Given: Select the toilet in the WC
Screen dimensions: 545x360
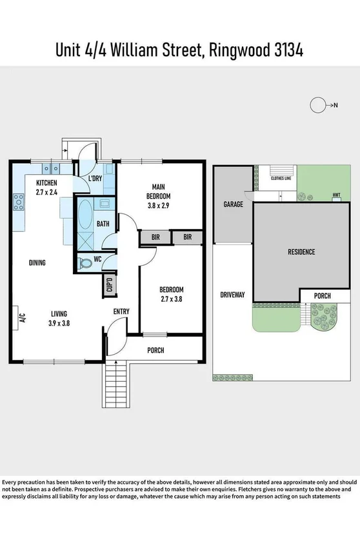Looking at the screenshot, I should click(85, 263).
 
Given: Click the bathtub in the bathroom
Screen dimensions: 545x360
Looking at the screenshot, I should click(85, 219).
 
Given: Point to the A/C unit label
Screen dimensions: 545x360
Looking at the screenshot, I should click(21, 317).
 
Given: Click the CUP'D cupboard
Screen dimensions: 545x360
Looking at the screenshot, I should click(109, 285).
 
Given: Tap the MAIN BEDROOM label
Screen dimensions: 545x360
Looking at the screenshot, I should click(158, 192).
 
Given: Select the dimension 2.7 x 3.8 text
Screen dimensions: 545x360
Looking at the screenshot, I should click(172, 299).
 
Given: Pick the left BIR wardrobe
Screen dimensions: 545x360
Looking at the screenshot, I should click(155, 237).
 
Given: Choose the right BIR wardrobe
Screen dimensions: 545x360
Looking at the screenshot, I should click(188, 237).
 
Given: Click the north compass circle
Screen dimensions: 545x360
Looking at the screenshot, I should click(317, 104).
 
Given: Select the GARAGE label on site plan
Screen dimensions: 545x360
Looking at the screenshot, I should click(233, 204).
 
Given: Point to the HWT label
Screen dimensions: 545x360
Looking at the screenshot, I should click(336, 195).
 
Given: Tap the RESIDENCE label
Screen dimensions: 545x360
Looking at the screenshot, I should click(301, 252).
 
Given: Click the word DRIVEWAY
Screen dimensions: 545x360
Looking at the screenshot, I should click(232, 295).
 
